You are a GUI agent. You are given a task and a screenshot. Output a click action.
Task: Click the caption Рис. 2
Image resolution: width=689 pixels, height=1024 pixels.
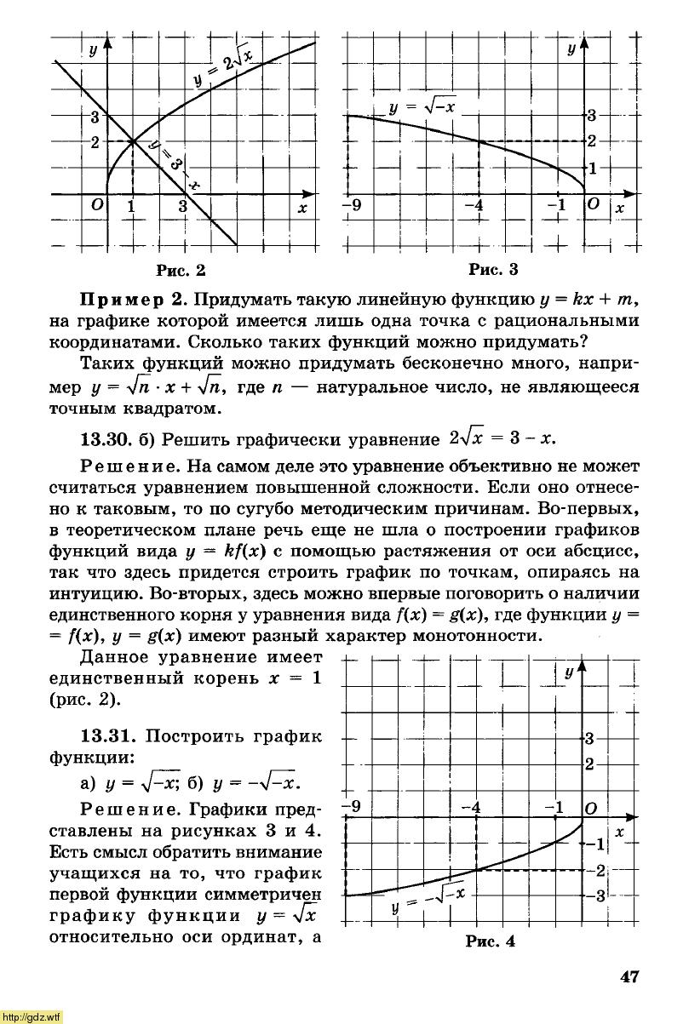(x=181, y=271)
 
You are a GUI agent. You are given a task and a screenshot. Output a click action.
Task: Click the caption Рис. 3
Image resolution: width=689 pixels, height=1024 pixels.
(x=494, y=271)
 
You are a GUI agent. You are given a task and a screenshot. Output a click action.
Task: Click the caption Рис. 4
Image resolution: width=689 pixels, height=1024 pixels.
(x=490, y=941)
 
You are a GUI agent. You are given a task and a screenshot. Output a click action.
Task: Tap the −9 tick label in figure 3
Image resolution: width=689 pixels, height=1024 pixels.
(x=351, y=206)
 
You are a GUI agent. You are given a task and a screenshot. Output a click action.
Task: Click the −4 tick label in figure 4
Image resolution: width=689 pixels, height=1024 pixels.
(x=471, y=806)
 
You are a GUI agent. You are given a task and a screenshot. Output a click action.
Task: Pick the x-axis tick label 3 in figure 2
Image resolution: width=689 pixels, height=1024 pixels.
(x=183, y=207)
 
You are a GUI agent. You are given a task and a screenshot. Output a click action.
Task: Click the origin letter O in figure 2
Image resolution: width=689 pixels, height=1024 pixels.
(x=97, y=206)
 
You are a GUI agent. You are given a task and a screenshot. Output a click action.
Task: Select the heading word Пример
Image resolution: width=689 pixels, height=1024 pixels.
(x=131, y=301)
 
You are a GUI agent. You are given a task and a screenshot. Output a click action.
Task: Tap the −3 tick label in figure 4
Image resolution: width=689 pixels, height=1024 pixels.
(x=593, y=895)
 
